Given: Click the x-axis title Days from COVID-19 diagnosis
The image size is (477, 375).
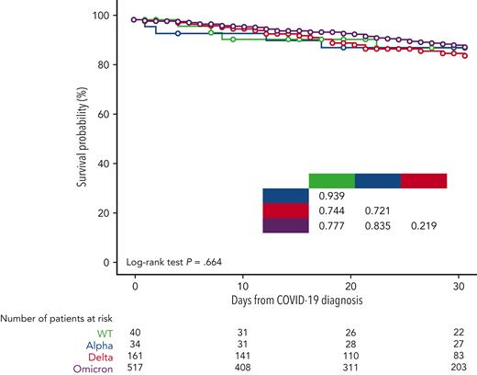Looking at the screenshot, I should [x=299, y=301].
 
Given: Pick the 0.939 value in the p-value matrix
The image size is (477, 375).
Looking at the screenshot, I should [x=331, y=196].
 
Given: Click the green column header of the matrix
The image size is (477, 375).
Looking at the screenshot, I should [x=331, y=180].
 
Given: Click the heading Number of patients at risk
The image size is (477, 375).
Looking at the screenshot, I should [x=54, y=318].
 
